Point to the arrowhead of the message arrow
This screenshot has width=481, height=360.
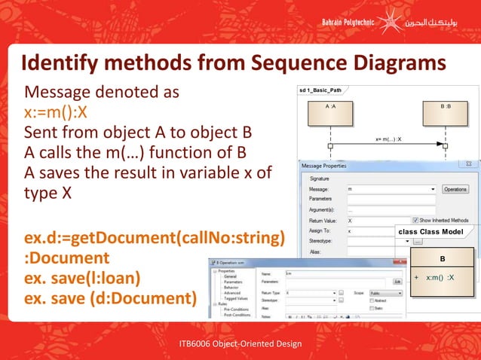pos(441,145)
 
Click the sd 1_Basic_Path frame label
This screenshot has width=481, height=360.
pos(320,90)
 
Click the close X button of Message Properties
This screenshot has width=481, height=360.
pos(467,164)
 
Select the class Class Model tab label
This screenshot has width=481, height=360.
pos(431,232)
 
